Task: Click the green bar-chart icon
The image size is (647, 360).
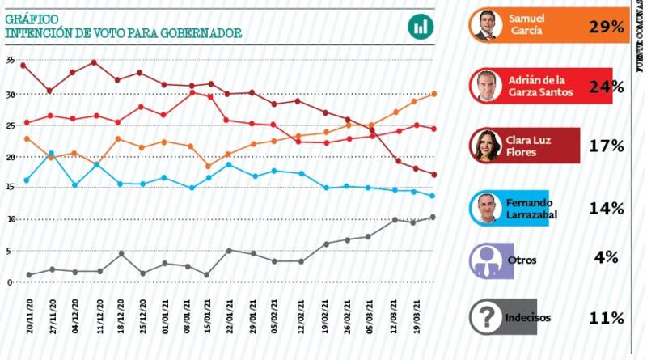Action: point(421,26)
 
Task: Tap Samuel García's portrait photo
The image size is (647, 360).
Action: point(486,26)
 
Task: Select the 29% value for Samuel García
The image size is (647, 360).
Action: point(605,26)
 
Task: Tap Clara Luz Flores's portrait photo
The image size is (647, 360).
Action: point(486,146)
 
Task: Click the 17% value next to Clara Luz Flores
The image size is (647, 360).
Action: point(605,146)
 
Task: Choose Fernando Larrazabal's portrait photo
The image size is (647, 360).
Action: point(486,208)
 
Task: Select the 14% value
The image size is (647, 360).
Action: point(605,208)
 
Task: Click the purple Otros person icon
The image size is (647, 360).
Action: point(486,260)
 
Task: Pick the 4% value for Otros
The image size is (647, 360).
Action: point(605,258)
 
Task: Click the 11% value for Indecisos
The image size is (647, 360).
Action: point(605,317)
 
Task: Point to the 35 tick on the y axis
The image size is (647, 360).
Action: point(10,61)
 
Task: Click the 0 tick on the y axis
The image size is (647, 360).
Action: point(10,282)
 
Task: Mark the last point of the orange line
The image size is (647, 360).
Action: point(434,94)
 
